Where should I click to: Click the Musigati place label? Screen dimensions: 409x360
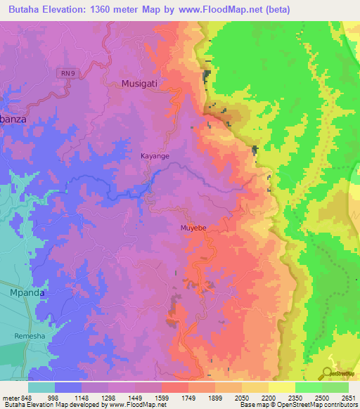pos(141,83)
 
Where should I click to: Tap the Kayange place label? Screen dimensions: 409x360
pos(155,156)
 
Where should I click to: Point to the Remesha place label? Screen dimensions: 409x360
pos(29,337)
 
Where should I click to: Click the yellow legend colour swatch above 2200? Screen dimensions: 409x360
pos(255,387)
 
